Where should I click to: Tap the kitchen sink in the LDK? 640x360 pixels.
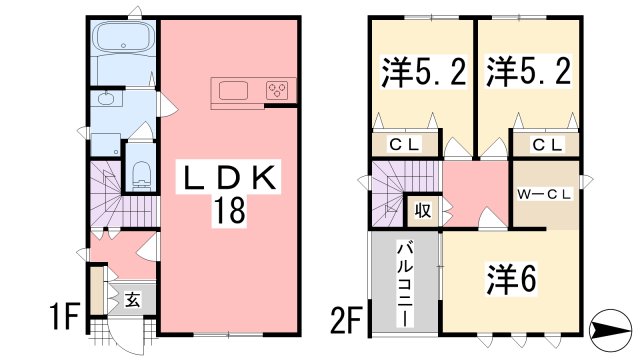232,92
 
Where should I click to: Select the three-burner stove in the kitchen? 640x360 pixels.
277,92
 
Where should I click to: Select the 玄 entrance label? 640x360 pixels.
132,298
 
